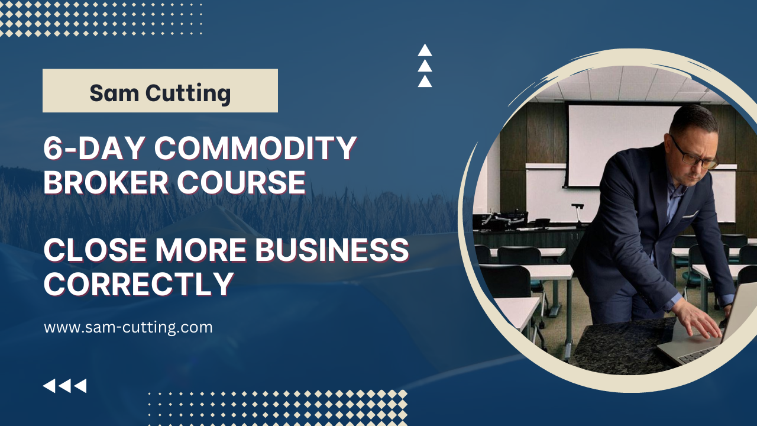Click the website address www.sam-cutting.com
[128, 327]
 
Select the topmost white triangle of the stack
[425, 51]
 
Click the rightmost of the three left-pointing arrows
[80, 386]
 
